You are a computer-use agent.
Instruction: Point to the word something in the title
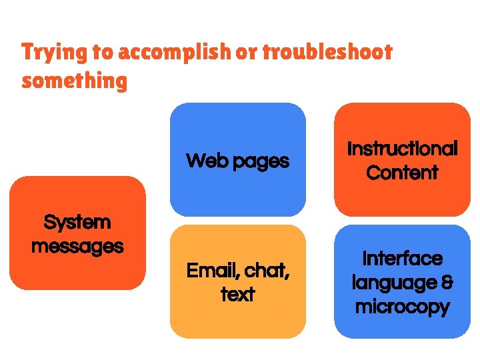pyautogui.click(x=74, y=81)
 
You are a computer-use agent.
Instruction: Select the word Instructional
pyautogui.click(x=403, y=149)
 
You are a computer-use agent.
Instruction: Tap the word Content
pyautogui.click(x=403, y=173)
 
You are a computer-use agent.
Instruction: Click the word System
pyautogui.click(x=77, y=222)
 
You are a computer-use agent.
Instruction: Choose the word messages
pyautogui.click(x=77, y=246)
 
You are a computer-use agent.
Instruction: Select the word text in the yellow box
pyautogui.click(x=238, y=295)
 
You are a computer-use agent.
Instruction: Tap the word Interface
pyautogui.click(x=403, y=259)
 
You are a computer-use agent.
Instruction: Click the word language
pyautogui.click(x=393, y=283)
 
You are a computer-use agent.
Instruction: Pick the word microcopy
pyautogui.click(x=403, y=307)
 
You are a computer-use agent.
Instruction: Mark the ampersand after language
pyautogui.click(x=447, y=283)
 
